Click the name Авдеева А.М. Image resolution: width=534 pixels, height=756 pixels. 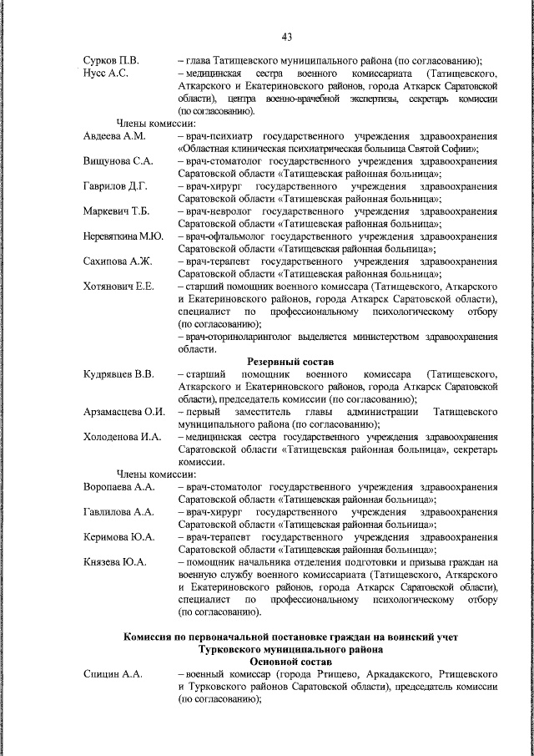coord(114,136)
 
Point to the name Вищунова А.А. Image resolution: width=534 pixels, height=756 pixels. coord(118,160)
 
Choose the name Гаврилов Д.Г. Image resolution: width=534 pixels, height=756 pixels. coord(116,185)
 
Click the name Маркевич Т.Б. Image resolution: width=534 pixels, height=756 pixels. coord(117,211)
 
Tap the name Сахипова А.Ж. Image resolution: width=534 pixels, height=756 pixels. coord(117,261)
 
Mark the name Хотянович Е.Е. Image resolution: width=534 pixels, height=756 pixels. coord(118,287)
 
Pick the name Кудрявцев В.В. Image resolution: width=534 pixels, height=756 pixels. coord(118,373)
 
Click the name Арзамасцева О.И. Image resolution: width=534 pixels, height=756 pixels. coord(124,412)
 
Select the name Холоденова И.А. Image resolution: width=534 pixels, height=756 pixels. coord(122,437)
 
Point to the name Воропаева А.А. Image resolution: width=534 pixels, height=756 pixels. coord(119,486)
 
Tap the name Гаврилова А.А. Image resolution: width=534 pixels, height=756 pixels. coord(118,511)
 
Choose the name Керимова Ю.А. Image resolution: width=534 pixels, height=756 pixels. coord(118,536)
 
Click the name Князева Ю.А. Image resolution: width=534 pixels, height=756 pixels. coord(115,561)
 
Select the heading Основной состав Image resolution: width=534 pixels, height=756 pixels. coord(289,660)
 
